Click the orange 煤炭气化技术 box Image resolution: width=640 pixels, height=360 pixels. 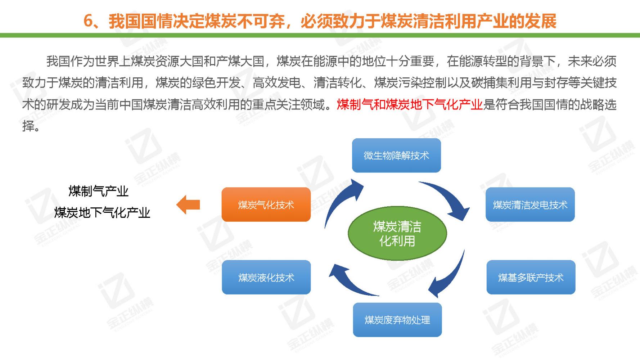(266, 204)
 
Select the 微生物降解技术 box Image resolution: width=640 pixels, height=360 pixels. (396, 156)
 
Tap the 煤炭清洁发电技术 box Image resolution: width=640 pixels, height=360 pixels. (530, 204)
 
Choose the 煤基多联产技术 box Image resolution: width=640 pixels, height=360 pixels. (531, 277)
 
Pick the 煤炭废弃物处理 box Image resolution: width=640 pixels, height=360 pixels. (397, 320)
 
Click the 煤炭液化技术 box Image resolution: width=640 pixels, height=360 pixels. (266, 277)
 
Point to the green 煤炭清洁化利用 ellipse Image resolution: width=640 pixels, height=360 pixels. (397, 233)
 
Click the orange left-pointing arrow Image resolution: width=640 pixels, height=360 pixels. (188, 205)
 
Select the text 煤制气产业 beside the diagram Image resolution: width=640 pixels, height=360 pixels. (98, 191)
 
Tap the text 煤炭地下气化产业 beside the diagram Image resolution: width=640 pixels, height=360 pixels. (102, 212)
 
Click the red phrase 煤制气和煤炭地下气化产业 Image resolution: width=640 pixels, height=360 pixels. (409, 105)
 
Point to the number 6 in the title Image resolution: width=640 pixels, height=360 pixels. (88, 21)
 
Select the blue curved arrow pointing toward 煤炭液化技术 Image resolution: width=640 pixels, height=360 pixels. (351, 281)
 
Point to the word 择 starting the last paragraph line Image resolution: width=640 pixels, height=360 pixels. (28, 126)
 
